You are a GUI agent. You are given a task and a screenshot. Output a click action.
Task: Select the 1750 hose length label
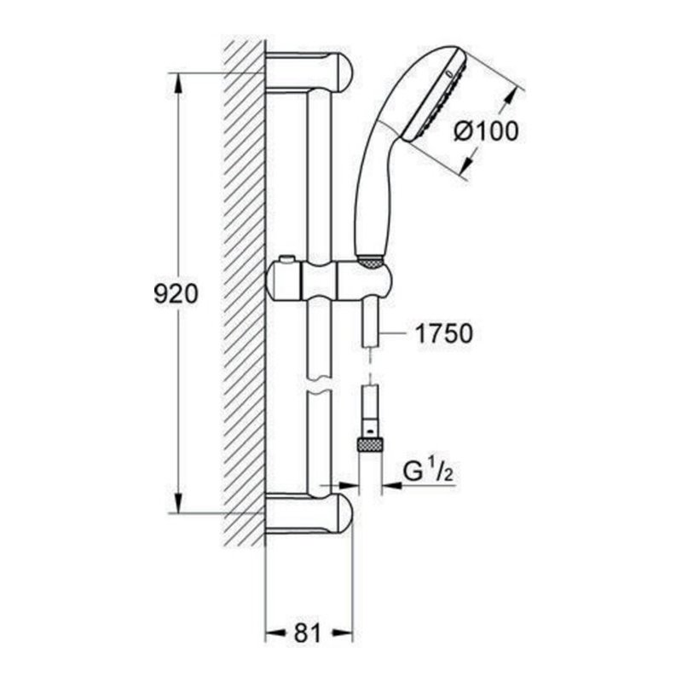point(443,333)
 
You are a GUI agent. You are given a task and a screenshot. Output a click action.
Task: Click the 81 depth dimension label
point(307,633)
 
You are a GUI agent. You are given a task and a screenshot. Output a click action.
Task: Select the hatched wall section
point(244,290)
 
